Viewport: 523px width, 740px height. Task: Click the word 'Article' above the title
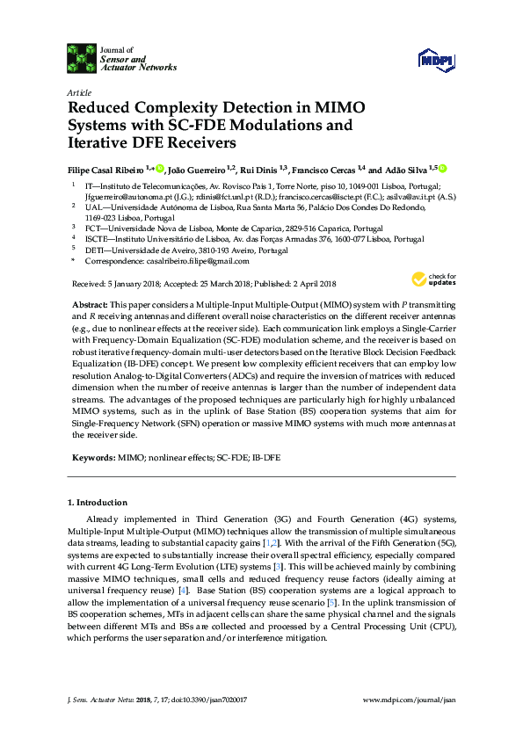click(78, 91)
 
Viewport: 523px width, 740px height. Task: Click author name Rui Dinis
click(261, 169)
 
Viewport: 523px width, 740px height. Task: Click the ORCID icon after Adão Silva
click(443, 168)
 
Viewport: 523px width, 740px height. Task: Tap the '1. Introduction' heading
click(98, 503)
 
